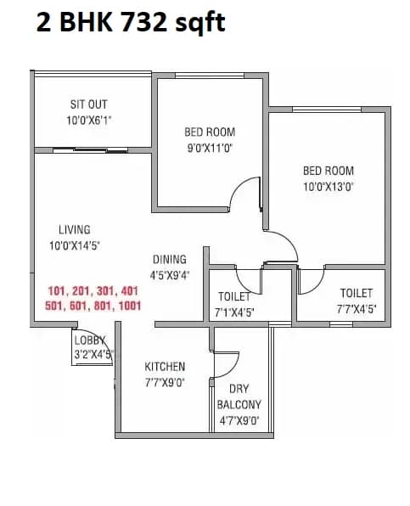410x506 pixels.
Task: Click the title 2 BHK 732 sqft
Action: [130, 23]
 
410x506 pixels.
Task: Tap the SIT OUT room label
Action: [88, 104]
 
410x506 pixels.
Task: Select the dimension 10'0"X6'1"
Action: [88, 120]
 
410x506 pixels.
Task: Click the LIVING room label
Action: [74, 229]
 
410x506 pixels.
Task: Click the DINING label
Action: [170, 260]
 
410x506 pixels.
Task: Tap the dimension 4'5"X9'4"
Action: [170, 275]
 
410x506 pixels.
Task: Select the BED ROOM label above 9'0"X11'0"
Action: [210, 132]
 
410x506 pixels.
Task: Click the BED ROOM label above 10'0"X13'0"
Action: [328, 171]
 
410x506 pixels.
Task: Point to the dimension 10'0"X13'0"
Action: [328, 187]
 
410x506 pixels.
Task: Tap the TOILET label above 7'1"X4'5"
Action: [234, 297]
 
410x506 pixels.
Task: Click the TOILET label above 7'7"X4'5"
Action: [357, 294]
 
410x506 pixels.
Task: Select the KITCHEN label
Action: [165, 367]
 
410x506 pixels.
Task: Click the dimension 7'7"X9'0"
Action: [165, 382]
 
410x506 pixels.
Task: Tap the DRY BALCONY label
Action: [239, 396]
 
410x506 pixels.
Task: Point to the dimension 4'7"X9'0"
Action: [239, 420]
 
